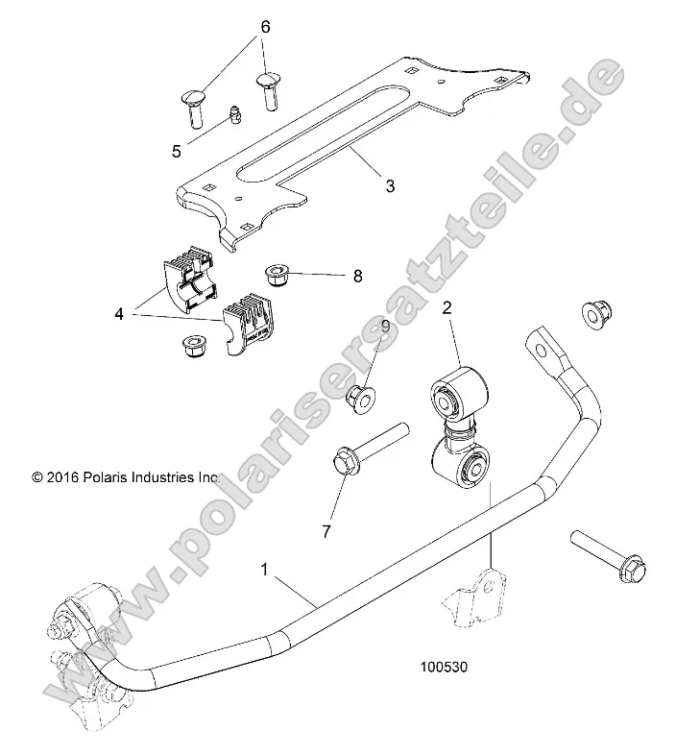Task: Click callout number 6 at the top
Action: point(265,26)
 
